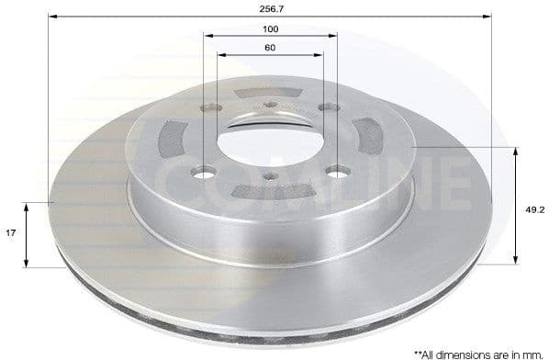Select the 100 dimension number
270,28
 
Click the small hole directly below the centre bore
273,179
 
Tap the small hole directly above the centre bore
272,101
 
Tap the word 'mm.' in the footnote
533,352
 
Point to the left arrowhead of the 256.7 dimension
52,16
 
